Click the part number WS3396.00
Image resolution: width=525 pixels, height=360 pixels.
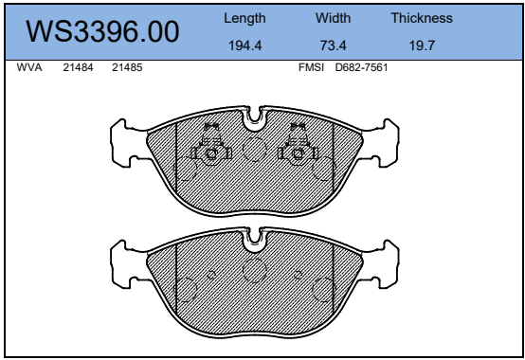102,31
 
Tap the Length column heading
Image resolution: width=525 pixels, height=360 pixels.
244,19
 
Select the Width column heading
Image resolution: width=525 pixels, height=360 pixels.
333,18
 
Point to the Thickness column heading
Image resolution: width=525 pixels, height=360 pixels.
422,18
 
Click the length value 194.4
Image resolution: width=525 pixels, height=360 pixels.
244,45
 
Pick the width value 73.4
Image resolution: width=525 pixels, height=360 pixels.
333,45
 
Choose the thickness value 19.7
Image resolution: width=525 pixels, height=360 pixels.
422,45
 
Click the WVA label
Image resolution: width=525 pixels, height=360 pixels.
29,67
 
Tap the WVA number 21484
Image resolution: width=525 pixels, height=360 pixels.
78,67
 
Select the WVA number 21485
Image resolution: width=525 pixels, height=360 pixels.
127,67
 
